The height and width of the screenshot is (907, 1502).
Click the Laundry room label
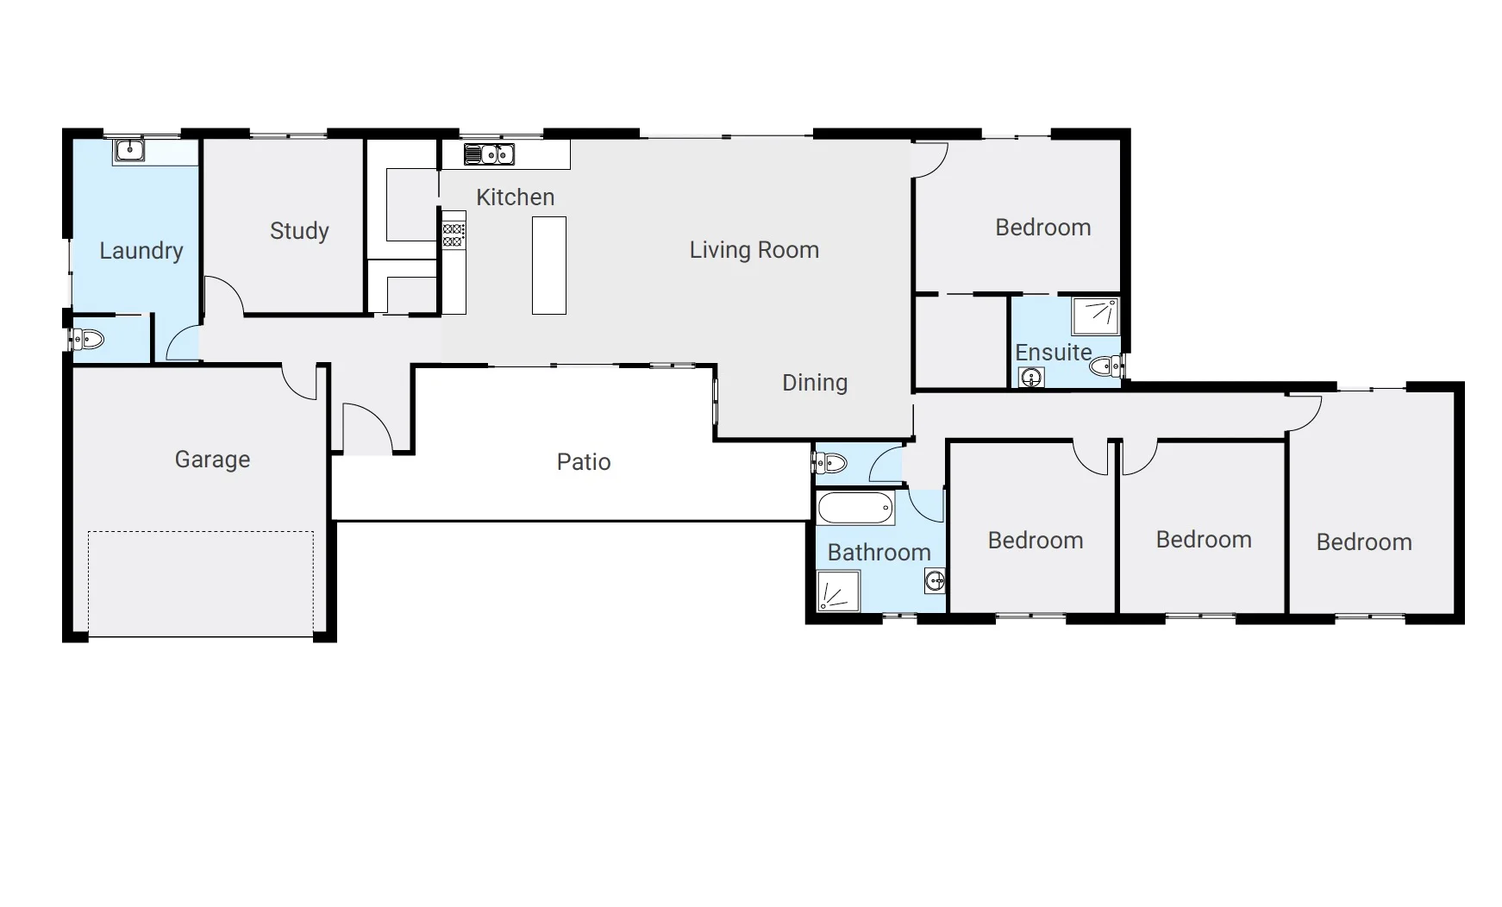tap(141, 251)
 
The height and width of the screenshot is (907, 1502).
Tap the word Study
tap(299, 231)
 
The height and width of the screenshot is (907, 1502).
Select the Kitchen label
tap(515, 197)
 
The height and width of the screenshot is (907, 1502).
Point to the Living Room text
tap(754, 250)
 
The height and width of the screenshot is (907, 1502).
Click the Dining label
tap(815, 383)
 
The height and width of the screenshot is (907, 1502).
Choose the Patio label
tap(584, 462)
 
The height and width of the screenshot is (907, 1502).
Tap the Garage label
tap(212, 460)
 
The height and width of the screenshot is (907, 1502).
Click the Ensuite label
tap(1053, 353)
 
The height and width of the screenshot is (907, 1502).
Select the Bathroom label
tap(879, 553)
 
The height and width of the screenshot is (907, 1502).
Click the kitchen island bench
tap(548, 266)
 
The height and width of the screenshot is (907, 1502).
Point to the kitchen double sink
tap(489, 154)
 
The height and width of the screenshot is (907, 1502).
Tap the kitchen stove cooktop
tap(454, 235)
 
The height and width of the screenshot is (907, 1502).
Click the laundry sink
tap(128, 151)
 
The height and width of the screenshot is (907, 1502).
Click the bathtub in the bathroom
tap(855, 508)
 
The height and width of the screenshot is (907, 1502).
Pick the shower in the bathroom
tap(838, 591)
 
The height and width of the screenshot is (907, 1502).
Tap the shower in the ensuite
tap(1095, 316)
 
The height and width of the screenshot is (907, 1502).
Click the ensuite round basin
tap(1031, 377)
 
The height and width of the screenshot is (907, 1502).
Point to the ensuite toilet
tap(1106, 367)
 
